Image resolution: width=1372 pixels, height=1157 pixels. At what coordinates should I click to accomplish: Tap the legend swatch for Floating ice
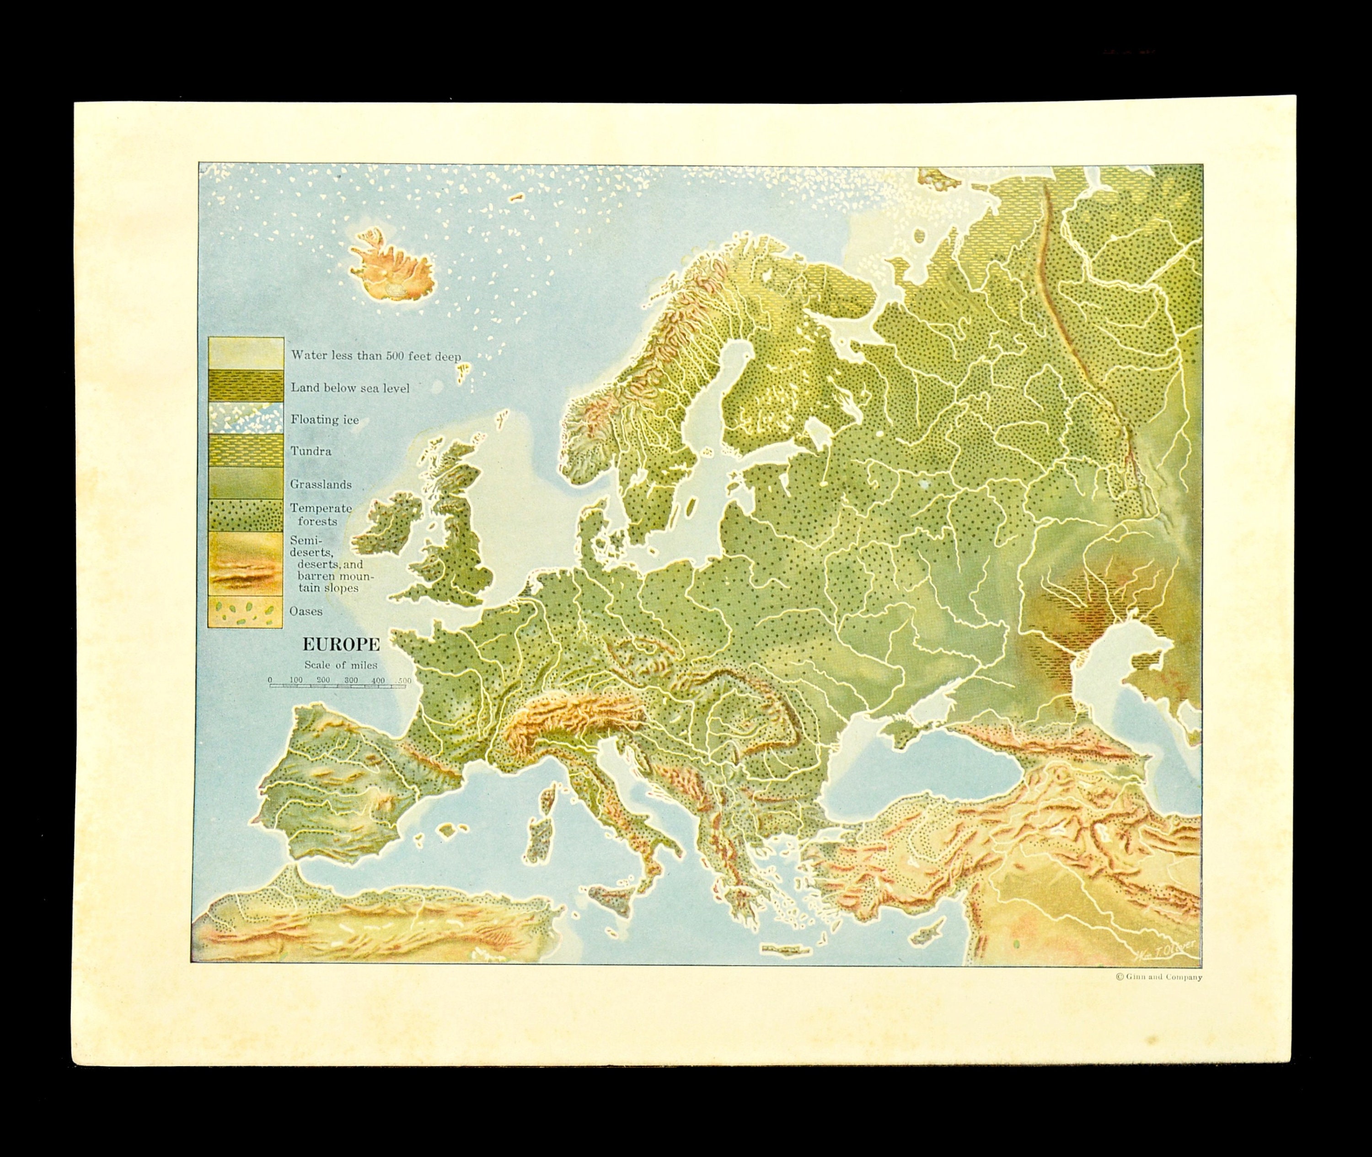(x=246, y=418)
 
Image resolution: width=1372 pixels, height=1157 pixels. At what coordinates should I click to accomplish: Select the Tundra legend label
(x=311, y=451)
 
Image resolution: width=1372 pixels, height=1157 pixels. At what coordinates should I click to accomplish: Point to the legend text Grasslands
(x=321, y=485)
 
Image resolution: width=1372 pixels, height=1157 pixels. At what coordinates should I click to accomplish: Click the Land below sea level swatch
(x=246, y=386)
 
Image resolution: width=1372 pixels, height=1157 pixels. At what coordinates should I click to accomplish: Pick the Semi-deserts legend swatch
(x=246, y=563)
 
